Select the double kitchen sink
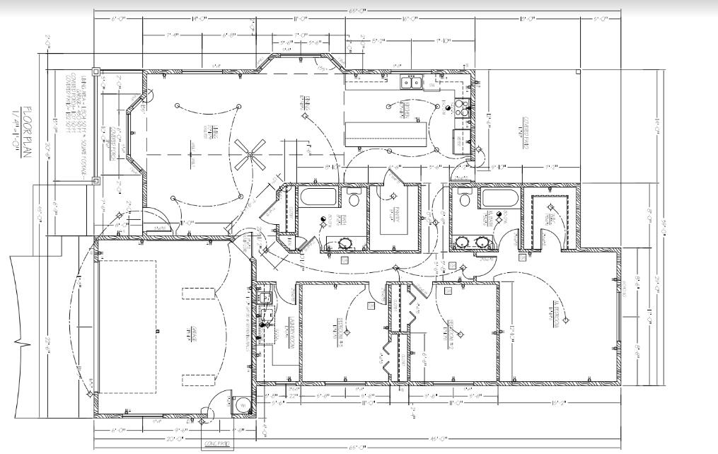(412, 83)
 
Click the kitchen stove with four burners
(462, 108)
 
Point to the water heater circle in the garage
(241, 405)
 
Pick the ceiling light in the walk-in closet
(550, 208)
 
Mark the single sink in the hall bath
(345, 243)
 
